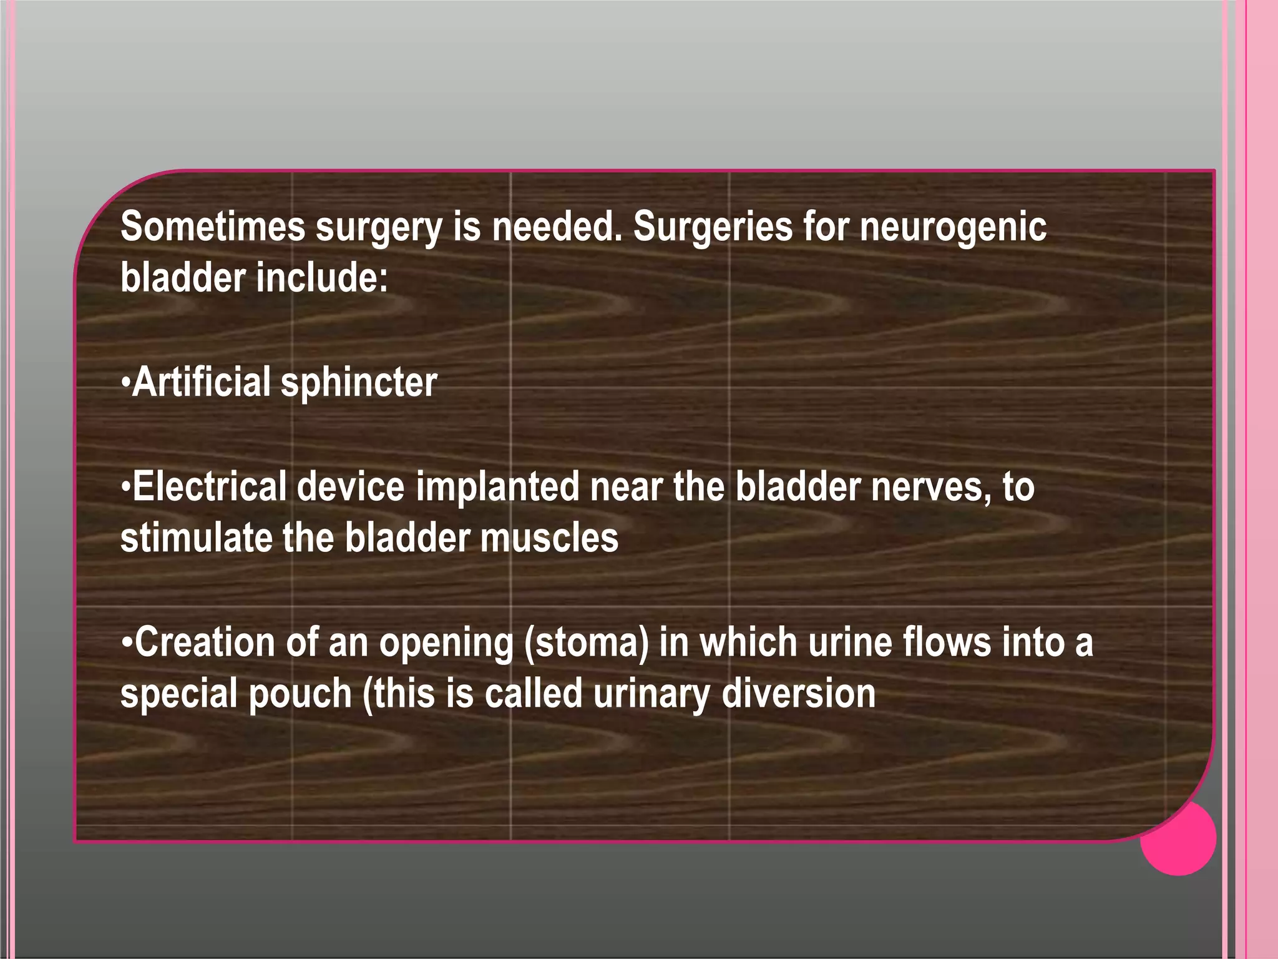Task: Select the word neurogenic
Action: point(953,228)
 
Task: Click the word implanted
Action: point(497,488)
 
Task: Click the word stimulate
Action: point(195,538)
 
